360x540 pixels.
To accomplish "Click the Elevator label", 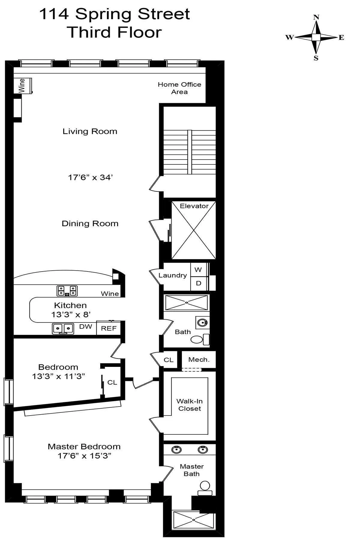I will (194, 206).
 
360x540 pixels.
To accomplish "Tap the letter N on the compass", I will (316, 17).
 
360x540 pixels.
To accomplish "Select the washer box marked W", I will (198, 270).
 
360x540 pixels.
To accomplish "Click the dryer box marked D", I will (198, 283).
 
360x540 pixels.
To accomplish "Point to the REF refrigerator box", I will (109, 328).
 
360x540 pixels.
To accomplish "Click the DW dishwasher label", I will (85, 327).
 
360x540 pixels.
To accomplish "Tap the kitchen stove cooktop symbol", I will (67, 291).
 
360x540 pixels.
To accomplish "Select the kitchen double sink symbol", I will (63, 329).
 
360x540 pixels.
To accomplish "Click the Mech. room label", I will (199, 359).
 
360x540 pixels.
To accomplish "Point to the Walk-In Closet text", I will (189, 405).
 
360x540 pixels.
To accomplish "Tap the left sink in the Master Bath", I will (176, 450).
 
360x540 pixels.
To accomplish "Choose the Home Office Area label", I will (179, 88).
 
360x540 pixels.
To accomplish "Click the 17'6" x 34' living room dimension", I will (90, 177).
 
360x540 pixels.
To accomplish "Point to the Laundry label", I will (172, 275).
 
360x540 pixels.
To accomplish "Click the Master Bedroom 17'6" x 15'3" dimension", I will (84, 456).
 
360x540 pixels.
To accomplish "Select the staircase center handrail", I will (190, 152).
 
